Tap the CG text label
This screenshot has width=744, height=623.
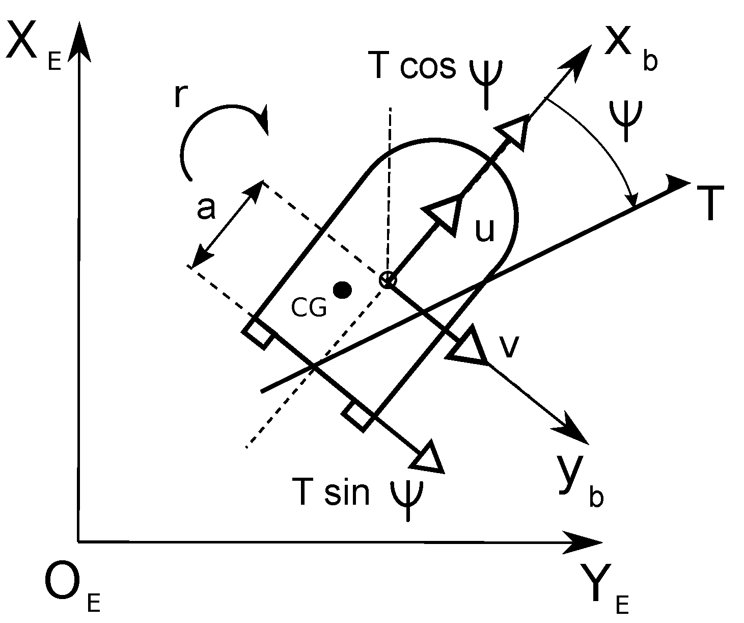pos(309,307)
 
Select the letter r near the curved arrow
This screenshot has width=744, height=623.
pos(179,97)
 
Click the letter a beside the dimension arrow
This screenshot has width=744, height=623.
pos(206,209)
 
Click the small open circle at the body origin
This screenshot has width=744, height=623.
pos(387,279)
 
